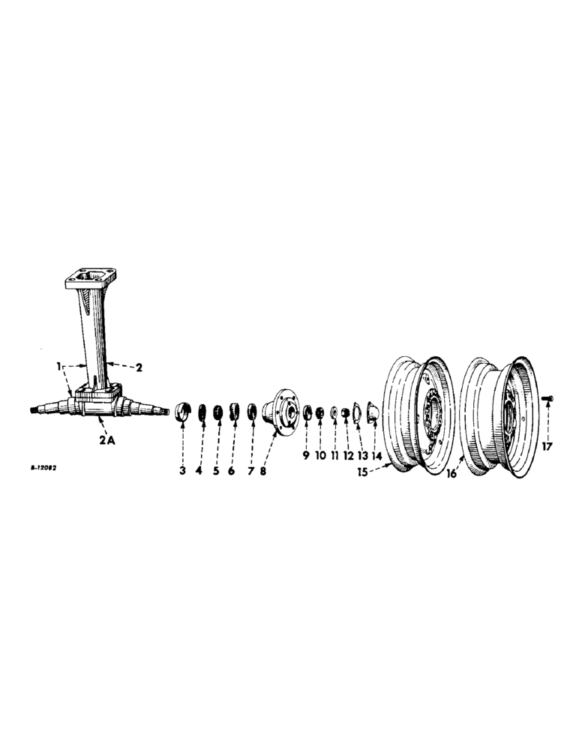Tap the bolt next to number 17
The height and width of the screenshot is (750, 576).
pyautogui.click(x=546, y=397)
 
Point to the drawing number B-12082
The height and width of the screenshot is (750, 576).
pyautogui.click(x=45, y=466)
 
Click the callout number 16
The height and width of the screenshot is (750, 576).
pyautogui.click(x=451, y=474)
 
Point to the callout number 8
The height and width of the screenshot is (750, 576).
pyautogui.click(x=262, y=470)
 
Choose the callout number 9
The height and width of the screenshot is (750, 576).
pyautogui.click(x=306, y=455)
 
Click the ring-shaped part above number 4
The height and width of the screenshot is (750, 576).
pyautogui.click(x=202, y=412)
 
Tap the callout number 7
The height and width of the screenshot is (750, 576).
pyautogui.click(x=250, y=470)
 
